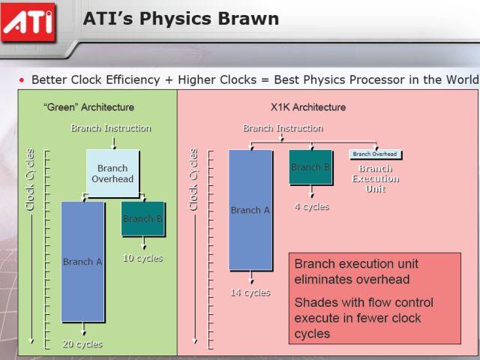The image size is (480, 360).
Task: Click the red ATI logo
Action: click(28, 22)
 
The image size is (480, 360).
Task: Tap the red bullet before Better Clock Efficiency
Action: click(22, 80)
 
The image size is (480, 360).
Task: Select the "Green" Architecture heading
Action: click(88, 107)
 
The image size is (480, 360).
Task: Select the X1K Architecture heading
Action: click(308, 107)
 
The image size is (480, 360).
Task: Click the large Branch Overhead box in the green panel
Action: click(112, 173)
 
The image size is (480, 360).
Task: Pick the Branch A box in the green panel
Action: click(82, 262)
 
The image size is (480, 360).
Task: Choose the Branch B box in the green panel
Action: click(143, 218)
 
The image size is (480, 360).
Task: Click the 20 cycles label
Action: click(82, 344)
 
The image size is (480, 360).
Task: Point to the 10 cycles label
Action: click(142, 258)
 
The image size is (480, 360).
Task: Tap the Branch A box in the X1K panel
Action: click(250, 210)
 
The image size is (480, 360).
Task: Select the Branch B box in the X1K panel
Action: click(310, 166)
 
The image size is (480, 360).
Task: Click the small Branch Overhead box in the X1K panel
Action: click(375, 154)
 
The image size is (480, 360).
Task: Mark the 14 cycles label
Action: click(250, 292)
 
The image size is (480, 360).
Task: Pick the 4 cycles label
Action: click(312, 207)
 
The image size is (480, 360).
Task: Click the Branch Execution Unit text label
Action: click(376, 178)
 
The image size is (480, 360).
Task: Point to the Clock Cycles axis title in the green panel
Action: click(30, 180)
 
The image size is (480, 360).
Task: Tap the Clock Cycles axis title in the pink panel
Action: click(193, 180)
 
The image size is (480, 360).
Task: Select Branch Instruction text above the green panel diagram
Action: click(111, 128)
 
